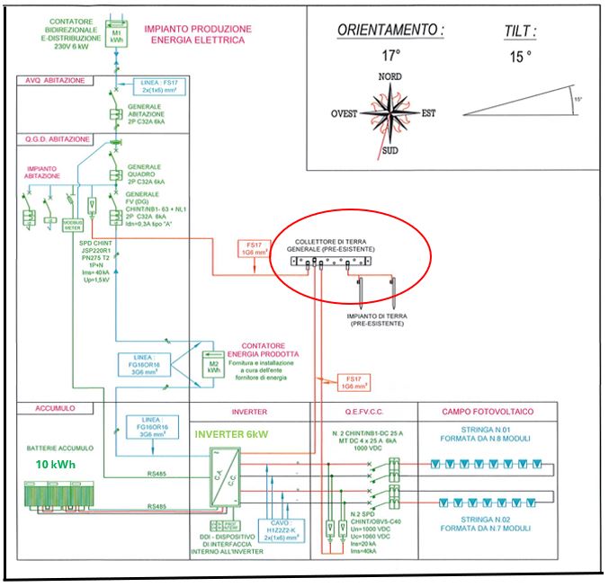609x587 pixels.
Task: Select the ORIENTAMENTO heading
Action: coord(391,30)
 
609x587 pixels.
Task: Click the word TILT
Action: coord(520,31)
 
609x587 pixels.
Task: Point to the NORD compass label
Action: coord(390,76)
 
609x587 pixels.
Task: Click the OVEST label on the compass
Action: coord(345,113)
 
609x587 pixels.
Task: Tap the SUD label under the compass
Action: coord(390,151)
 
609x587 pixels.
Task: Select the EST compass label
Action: coord(429,113)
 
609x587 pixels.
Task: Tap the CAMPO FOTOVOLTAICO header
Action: coord(487,412)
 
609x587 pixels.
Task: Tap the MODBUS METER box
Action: coord(73,225)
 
